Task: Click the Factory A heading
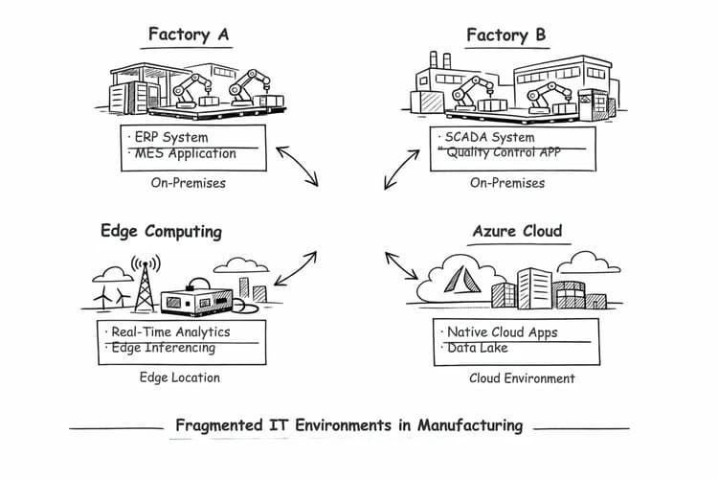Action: point(189,35)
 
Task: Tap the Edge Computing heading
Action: point(161,231)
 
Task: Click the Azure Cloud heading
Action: point(517,231)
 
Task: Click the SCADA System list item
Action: point(492,137)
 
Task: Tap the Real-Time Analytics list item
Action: point(170,331)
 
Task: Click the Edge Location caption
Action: point(180,377)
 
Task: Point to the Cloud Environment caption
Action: point(522,378)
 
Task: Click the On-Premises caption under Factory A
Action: point(189,182)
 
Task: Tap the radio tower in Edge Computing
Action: point(144,283)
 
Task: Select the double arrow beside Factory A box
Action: point(297,167)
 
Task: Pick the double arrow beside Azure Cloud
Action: point(402,266)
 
